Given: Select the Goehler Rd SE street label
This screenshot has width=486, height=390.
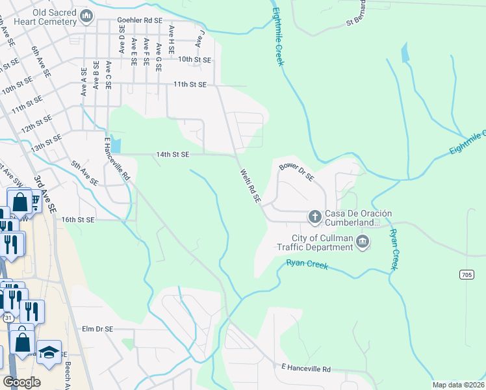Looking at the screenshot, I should [x=140, y=21].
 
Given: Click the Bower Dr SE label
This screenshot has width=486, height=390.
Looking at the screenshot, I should [x=296, y=172].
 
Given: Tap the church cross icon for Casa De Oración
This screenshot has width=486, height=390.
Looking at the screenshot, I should [x=314, y=216].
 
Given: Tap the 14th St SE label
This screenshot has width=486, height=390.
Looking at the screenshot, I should [x=172, y=155].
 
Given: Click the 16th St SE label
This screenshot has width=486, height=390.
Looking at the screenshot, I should [x=78, y=220].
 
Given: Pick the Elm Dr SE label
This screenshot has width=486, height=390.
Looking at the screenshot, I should [x=98, y=330].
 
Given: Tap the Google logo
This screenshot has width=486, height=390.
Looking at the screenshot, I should [x=21, y=382].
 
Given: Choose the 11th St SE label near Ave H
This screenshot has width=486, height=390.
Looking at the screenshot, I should [x=189, y=84].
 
